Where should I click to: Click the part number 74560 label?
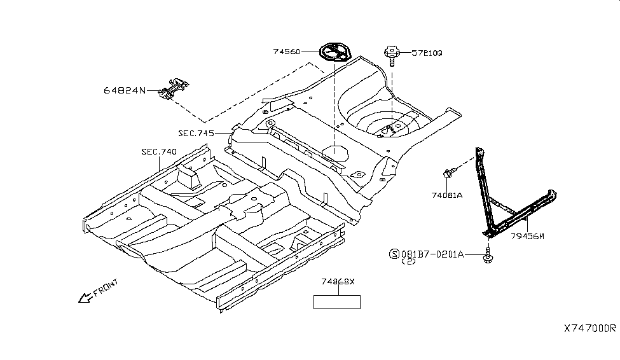coord(286,52)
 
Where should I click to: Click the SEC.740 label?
coord(159,151)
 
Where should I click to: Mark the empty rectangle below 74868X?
coord(336,301)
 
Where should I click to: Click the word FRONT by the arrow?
coord(106,288)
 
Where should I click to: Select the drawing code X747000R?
coord(589,328)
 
